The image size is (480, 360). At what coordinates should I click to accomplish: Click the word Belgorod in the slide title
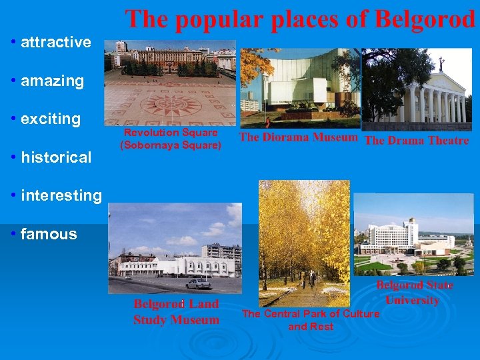[425, 19]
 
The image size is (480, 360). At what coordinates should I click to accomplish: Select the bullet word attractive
[56, 43]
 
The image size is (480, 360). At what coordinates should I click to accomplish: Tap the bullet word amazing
[52, 81]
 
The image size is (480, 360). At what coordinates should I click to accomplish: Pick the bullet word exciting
[51, 119]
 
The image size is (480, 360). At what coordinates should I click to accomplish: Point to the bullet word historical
[56, 158]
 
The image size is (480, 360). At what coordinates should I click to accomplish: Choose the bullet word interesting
[61, 196]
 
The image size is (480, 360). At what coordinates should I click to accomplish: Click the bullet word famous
[49, 234]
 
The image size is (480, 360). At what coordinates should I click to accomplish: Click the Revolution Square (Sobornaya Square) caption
[171, 139]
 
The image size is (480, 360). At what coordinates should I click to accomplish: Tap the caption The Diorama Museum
[299, 138]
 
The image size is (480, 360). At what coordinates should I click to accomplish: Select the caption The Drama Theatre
[417, 140]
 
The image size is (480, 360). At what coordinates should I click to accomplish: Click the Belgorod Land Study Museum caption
[176, 312]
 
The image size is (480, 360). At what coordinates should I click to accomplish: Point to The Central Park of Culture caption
[311, 320]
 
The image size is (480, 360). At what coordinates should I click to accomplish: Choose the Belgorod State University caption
[414, 292]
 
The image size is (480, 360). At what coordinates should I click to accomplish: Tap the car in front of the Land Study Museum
[198, 283]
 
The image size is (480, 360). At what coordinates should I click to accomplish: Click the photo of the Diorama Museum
[299, 88]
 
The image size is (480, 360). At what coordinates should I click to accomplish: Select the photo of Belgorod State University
[413, 235]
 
